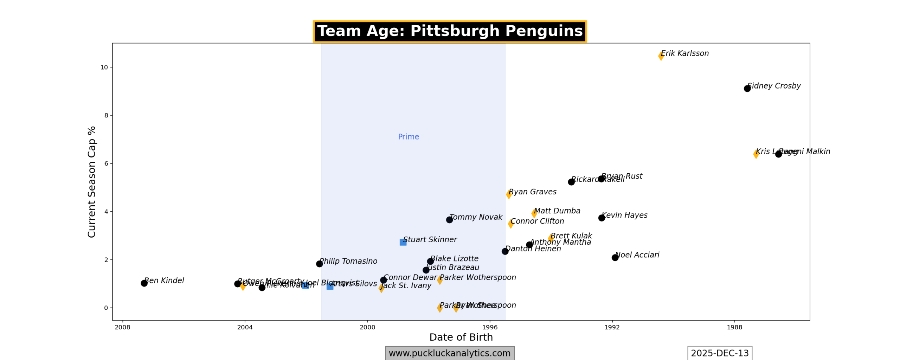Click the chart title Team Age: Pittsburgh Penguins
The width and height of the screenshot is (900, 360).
point(450,31)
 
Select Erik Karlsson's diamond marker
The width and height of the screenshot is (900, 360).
point(661,56)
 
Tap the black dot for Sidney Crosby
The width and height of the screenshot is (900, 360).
point(747,89)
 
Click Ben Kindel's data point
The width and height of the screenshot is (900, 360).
point(144,283)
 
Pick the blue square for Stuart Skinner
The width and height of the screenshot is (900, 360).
point(403,242)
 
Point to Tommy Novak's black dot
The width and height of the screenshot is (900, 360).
point(449,220)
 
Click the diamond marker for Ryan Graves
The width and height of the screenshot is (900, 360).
point(509,194)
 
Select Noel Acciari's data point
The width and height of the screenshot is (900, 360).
point(615,258)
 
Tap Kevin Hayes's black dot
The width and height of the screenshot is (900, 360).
point(602,218)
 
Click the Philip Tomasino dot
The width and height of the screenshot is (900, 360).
point(319,264)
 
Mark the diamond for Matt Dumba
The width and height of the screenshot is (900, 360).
point(534,213)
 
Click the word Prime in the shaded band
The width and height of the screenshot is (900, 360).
point(408,137)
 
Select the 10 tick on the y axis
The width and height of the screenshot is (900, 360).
point(104,67)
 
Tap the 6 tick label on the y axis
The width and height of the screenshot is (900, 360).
point(106,163)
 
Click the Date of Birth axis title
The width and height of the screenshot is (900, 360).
point(461,337)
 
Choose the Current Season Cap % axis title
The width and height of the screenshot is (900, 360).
point(92,182)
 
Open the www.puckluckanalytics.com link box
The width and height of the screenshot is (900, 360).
point(450,353)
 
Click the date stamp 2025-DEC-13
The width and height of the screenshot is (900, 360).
point(720,353)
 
